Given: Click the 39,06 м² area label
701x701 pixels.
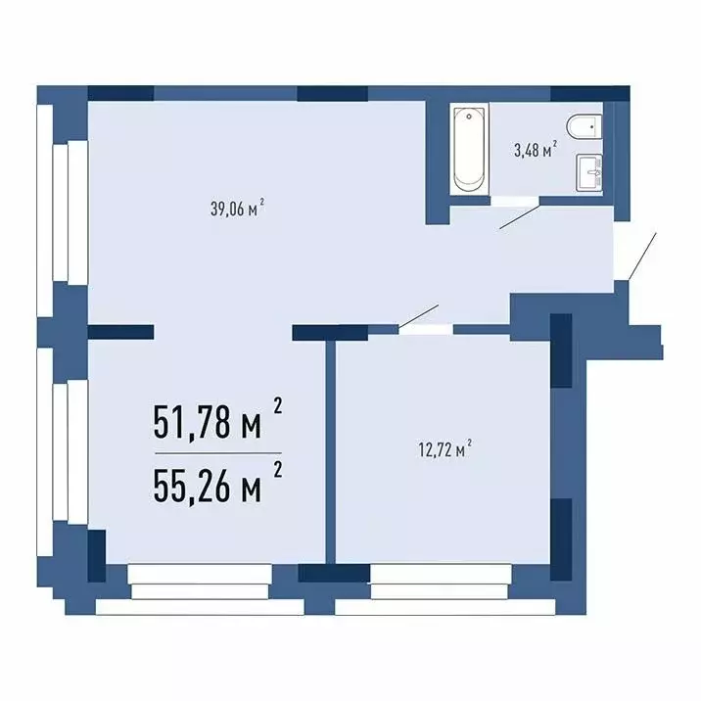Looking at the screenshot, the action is pos(237,209).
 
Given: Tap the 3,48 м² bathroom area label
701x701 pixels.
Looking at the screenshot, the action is pos(536,150).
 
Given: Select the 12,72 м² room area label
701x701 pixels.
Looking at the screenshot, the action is pos(445,448).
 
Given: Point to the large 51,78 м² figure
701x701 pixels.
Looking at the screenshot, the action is pos(217,420).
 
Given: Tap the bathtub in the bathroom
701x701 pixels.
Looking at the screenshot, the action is pos(469,150).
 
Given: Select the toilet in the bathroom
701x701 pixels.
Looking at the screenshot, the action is pos(584,126).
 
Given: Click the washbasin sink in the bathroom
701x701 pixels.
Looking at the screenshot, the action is pos(588,173).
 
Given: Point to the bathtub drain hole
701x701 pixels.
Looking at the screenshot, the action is pos(469,117).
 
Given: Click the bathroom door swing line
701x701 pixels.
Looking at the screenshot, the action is pos(520,216).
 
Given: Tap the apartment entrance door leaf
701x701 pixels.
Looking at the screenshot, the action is pos(642,257).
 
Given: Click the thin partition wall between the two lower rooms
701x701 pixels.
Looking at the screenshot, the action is pos(330,452).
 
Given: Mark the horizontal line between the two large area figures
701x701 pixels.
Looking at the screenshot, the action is pos(218,453).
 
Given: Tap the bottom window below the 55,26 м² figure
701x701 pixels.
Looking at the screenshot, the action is pos(200,588).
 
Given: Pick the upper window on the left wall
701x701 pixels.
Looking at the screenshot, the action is pos(62,209).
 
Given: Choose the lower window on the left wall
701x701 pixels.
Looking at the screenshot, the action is pos(62,451).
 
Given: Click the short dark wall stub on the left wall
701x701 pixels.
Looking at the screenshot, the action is pos(120,332).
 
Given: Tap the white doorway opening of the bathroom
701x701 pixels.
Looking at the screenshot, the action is pos(515,201).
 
